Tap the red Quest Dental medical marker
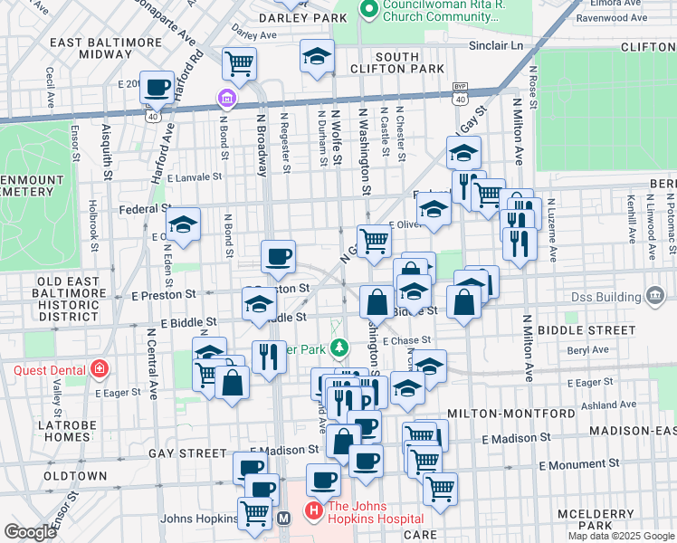[x=98, y=369]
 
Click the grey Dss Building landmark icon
[x=654, y=297]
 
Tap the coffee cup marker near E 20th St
[x=157, y=87]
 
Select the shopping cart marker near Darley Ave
[x=240, y=63]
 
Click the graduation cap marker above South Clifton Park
[x=318, y=56]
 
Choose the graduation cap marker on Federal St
[x=183, y=224]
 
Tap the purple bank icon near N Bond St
[x=226, y=98]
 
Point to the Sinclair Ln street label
[x=496, y=43]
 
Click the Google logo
[x=29, y=532]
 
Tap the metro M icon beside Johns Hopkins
[x=283, y=519]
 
